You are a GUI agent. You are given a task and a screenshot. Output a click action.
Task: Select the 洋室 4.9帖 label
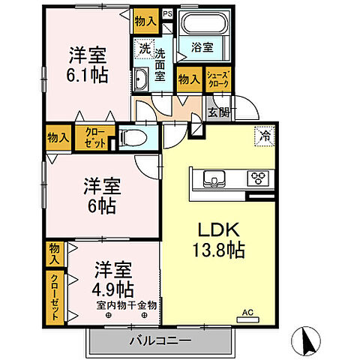pyautogui.click(x=114, y=277)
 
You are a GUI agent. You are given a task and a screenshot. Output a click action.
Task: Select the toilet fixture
pyautogui.click(x=133, y=139)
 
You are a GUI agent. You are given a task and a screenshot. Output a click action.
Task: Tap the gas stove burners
pyautogui.click(x=259, y=178)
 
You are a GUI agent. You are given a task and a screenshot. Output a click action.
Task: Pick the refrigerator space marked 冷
pyautogui.click(x=264, y=136)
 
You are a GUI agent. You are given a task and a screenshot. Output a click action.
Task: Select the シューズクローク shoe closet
pyautogui.click(x=217, y=79)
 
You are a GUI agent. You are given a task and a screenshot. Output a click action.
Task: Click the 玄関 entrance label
pyautogui.click(x=217, y=112)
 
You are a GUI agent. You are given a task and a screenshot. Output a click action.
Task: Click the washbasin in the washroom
pyautogui.click(x=142, y=79)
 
